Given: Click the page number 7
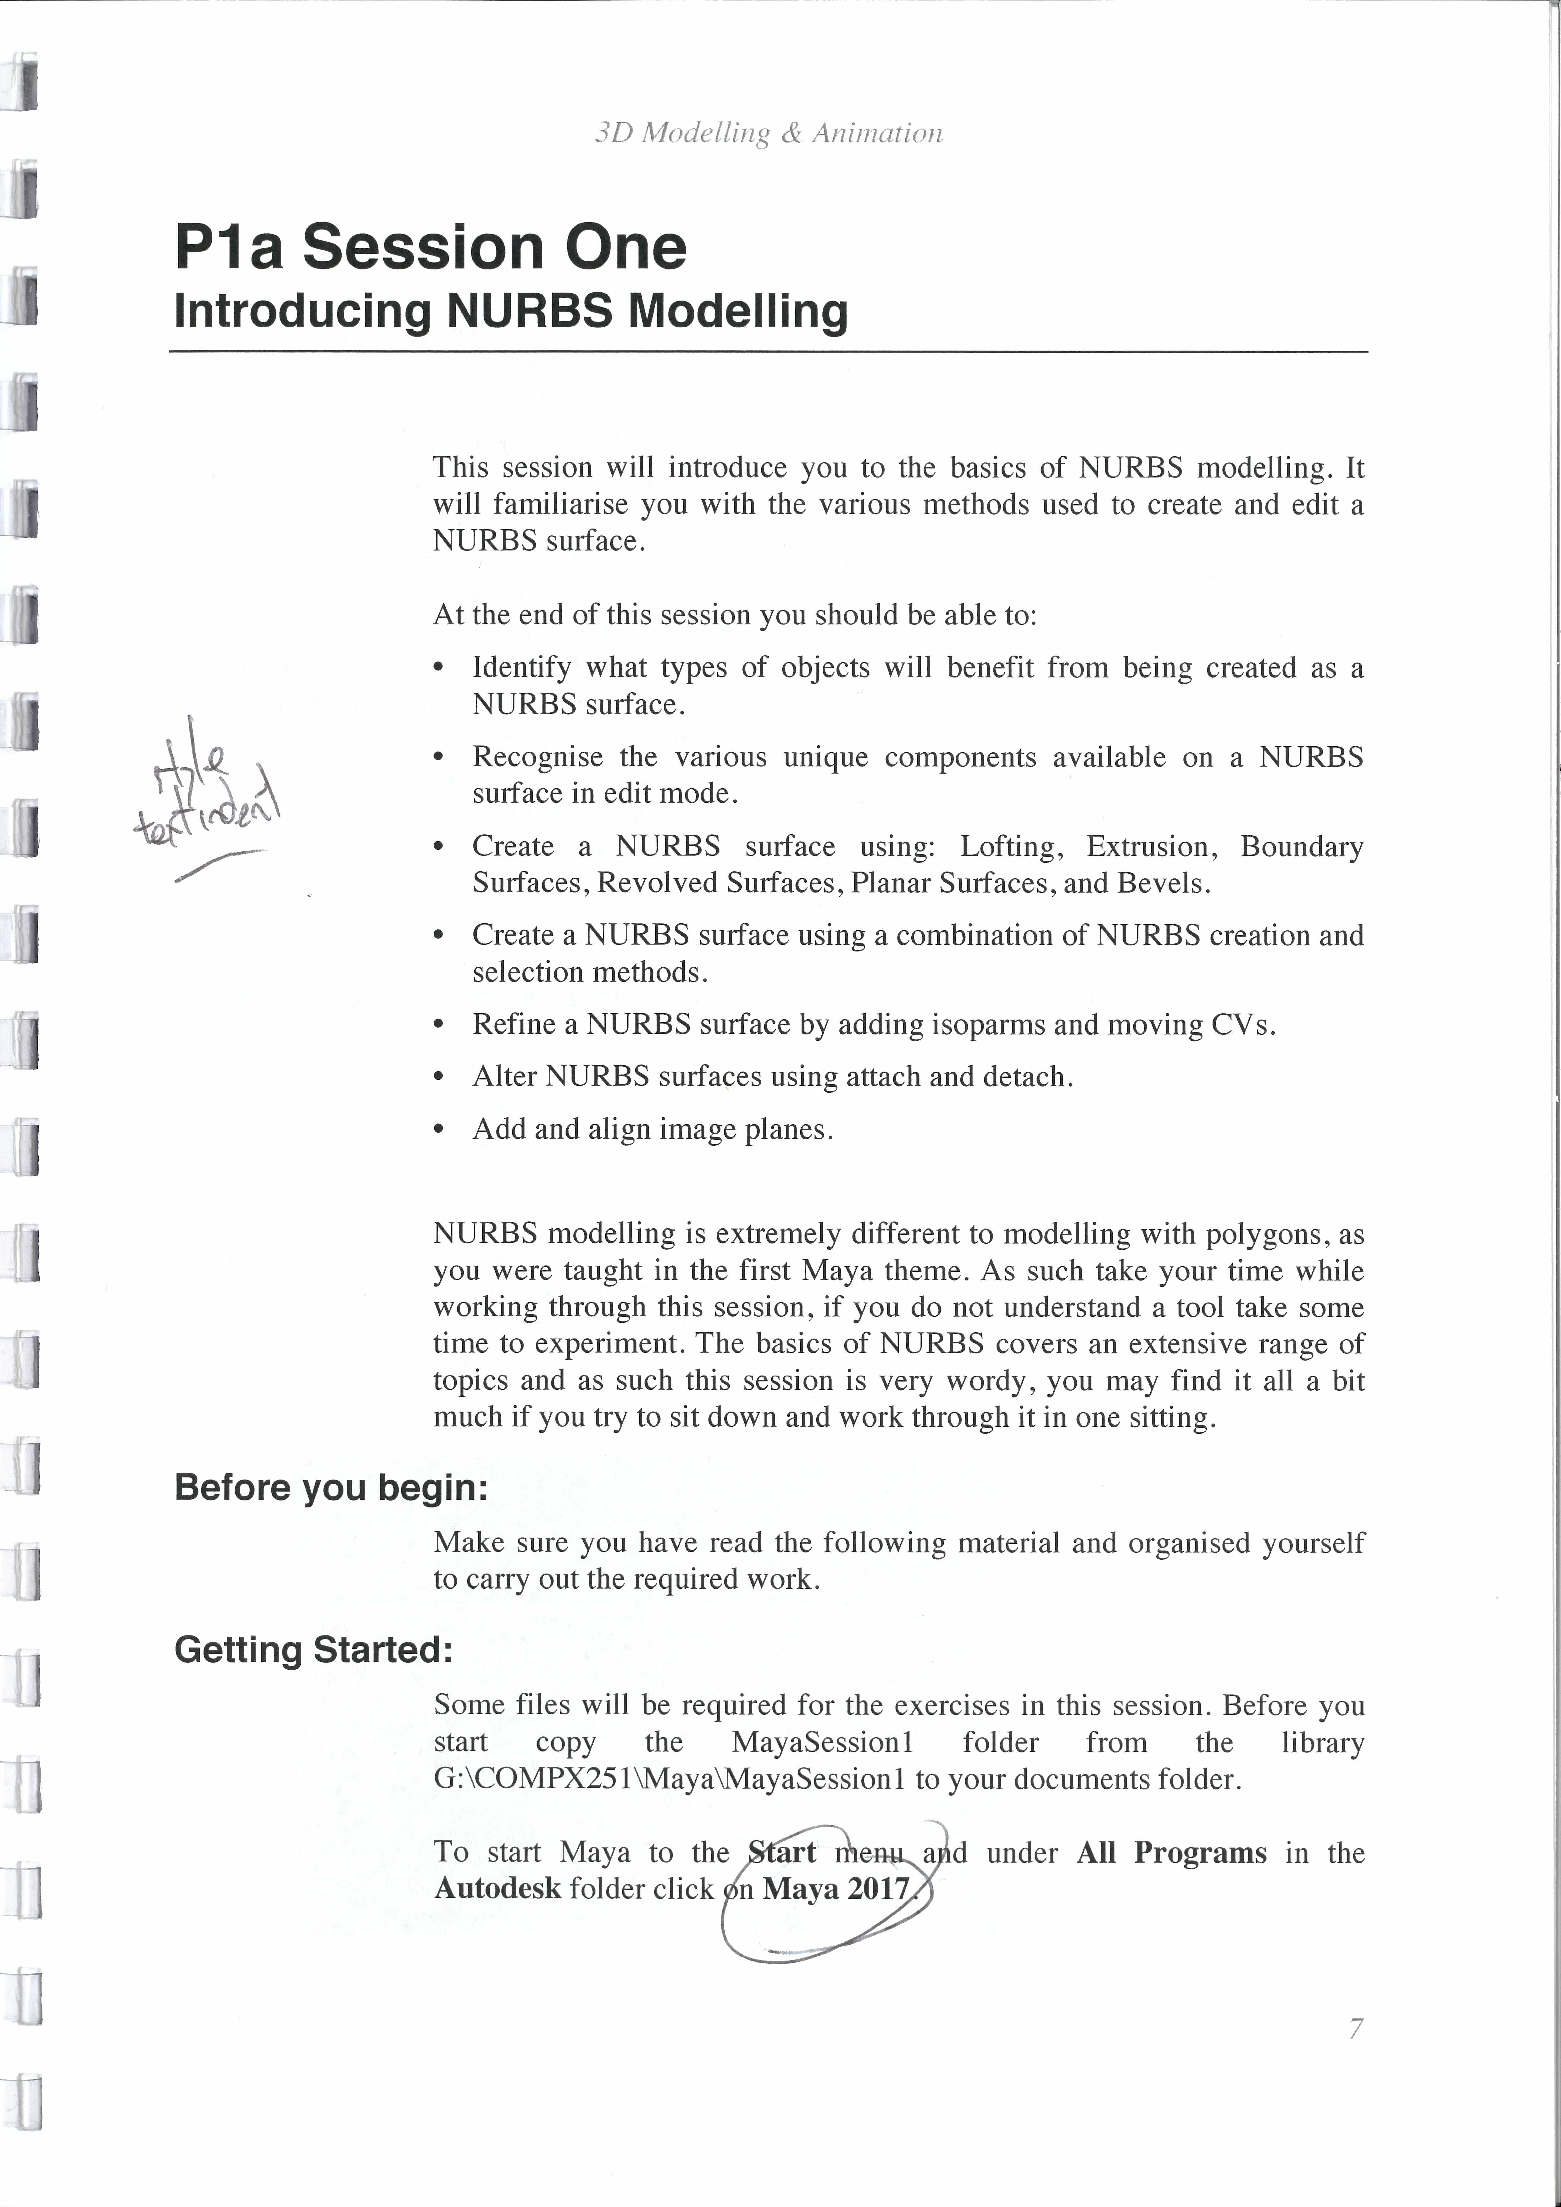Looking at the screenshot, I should point(1355,2029).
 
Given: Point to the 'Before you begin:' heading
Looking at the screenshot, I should point(331,1487).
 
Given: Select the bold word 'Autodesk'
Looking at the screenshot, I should point(497,1889).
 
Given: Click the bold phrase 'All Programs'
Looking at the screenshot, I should point(1171,1852).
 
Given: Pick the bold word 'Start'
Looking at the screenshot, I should point(781,1852).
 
